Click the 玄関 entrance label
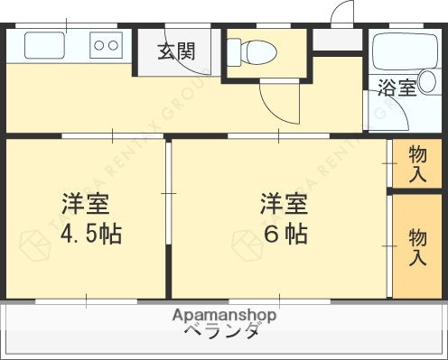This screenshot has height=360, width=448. click(177, 51)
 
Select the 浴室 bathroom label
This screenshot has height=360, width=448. click(397, 88)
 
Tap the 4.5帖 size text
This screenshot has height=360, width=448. click(91, 234)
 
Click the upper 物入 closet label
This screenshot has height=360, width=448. click(417, 163)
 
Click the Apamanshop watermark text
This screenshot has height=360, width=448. click(224, 315)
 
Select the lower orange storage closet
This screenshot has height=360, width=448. click(417, 245)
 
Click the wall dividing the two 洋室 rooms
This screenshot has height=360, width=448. click(168, 217)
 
